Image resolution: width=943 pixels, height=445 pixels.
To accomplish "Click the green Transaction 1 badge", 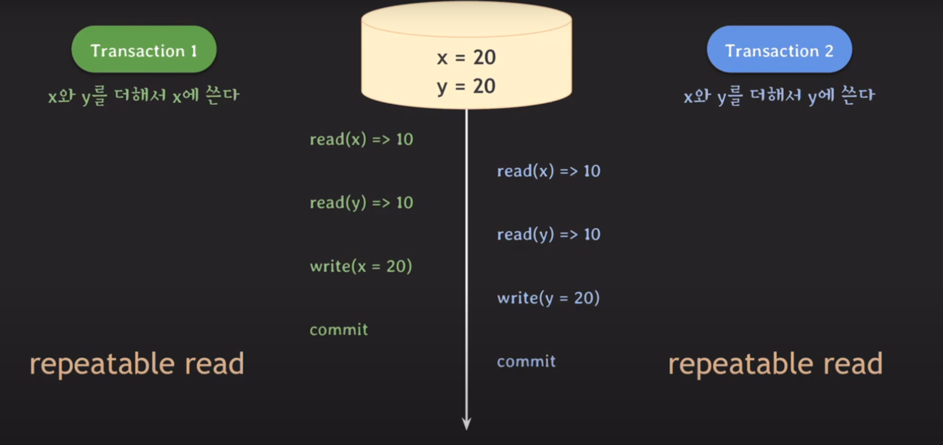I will (144, 50).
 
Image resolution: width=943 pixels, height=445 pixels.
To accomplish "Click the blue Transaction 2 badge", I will (779, 50).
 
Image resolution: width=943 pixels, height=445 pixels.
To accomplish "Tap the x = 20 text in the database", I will (466, 57).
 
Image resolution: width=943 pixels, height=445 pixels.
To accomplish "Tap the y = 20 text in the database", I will (466, 86).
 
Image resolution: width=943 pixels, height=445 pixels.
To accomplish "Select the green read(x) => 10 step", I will (361, 139).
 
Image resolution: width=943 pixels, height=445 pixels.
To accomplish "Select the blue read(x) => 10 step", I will (548, 171).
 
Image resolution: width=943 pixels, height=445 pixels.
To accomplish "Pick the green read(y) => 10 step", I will (361, 202).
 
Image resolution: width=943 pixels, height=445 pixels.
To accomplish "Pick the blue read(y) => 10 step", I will (548, 234).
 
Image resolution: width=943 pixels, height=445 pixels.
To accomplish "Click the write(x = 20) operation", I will (361, 266).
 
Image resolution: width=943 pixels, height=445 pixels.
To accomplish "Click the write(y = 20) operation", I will (548, 298).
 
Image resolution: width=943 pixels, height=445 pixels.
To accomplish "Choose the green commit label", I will (339, 330).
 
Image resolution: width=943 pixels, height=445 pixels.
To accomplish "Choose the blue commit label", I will (526, 361).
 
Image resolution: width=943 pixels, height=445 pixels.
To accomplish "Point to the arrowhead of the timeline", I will (467, 424).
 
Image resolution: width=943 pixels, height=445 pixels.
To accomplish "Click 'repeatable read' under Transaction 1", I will (136, 364).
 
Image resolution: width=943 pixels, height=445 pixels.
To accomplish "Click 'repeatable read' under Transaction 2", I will (775, 364).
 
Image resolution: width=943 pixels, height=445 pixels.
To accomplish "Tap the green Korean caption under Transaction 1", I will (144, 95).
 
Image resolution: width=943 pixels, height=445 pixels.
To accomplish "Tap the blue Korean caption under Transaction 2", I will (779, 95).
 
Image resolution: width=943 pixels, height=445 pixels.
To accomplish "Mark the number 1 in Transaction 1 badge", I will (194, 51).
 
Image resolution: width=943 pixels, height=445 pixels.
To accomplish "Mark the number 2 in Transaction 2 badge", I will (829, 51).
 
